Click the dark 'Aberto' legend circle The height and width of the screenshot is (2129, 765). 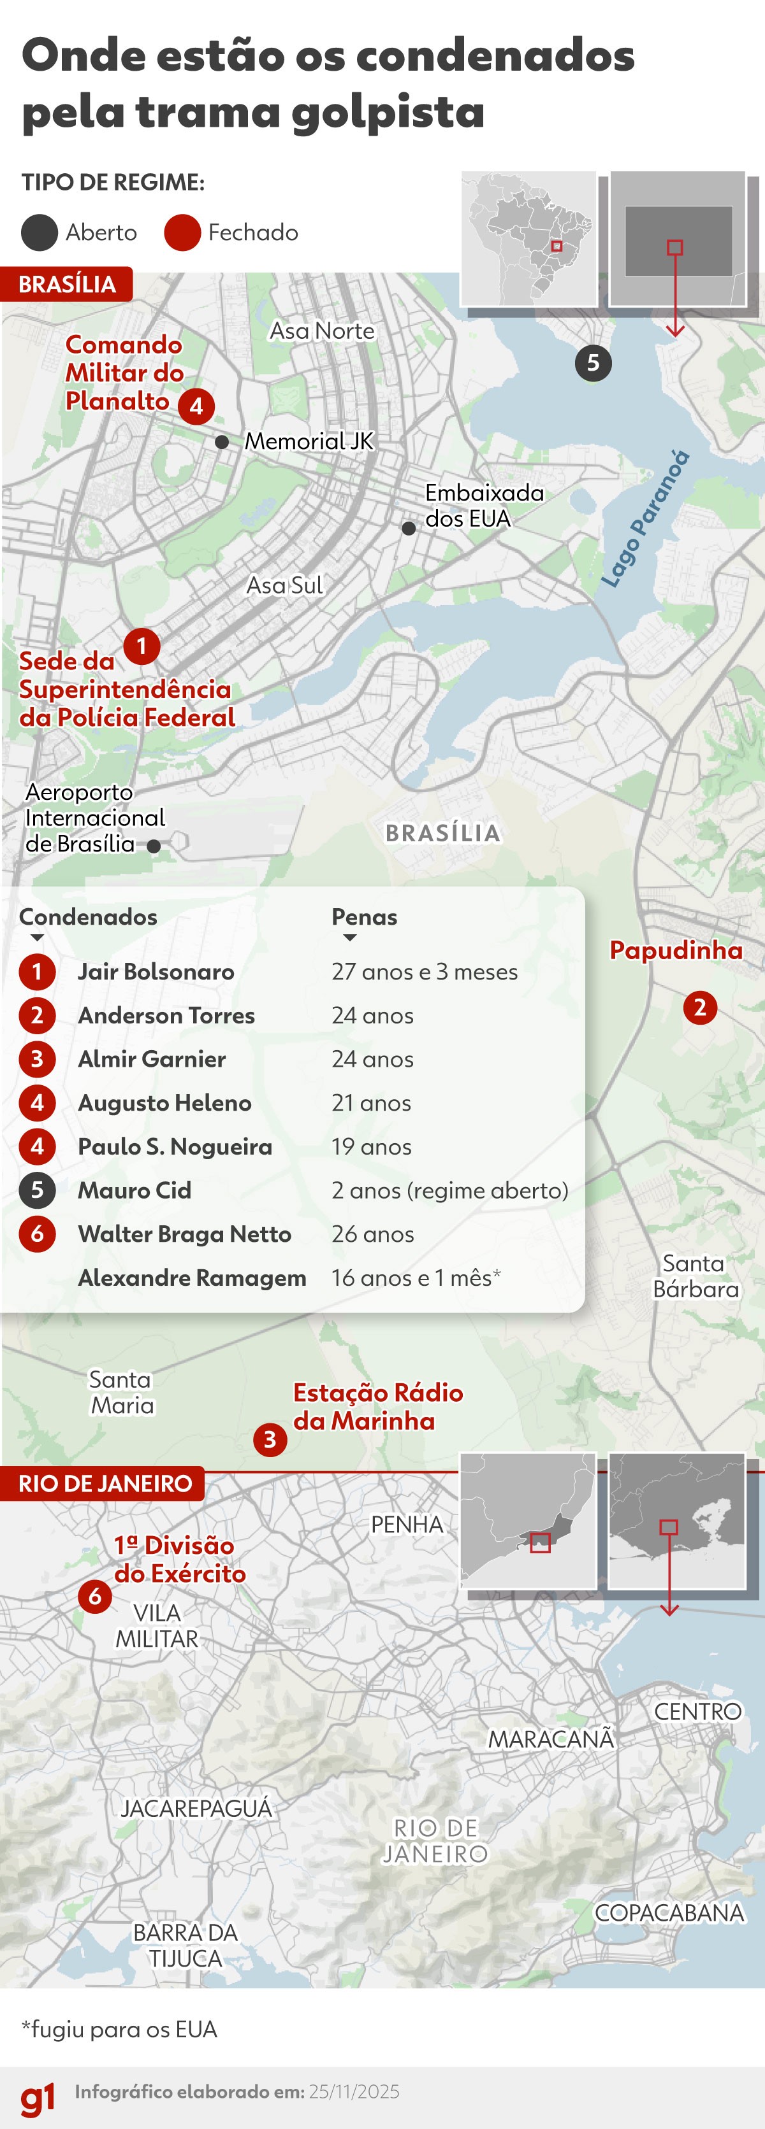(x=39, y=232)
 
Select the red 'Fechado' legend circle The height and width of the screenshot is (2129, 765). (x=182, y=232)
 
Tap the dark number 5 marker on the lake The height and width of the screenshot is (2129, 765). (x=593, y=363)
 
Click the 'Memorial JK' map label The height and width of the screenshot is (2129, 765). (x=309, y=441)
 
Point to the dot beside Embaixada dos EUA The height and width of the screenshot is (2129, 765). (x=409, y=528)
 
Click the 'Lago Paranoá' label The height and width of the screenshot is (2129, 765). (x=646, y=518)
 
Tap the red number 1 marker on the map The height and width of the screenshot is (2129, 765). (x=142, y=646)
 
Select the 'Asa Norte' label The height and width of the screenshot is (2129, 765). (x=322, y=331)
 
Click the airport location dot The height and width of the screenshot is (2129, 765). (x=154, y=846)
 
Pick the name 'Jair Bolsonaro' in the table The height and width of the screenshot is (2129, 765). (x=156, y=972)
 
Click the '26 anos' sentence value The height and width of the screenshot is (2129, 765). (x=372, y=1234)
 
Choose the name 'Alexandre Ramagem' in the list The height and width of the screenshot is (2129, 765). (x=192, y=1278)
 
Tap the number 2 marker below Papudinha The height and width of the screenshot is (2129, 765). (x=700, y=1008)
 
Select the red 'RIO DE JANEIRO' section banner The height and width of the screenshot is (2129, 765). (x=104, y=1483)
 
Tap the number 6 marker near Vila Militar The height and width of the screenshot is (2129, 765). (x=95, y=1596)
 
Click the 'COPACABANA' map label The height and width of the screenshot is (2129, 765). (x=669, y=1912)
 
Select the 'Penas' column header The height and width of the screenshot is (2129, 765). (x=364, y=916)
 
